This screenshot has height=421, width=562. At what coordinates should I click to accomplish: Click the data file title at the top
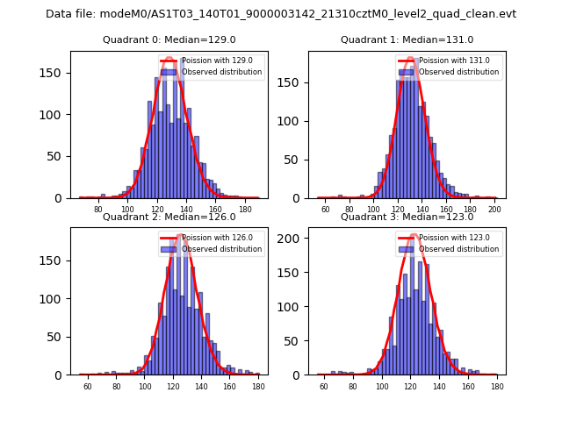tap(281, 14)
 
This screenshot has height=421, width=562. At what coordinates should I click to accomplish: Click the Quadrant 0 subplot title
tap(169, 39)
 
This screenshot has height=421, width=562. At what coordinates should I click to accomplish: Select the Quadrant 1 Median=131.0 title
tap(407, 39)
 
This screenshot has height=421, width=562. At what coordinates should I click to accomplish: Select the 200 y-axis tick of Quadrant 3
tap(294, 239)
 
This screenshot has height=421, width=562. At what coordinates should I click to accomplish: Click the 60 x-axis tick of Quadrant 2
tap(88, 387)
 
